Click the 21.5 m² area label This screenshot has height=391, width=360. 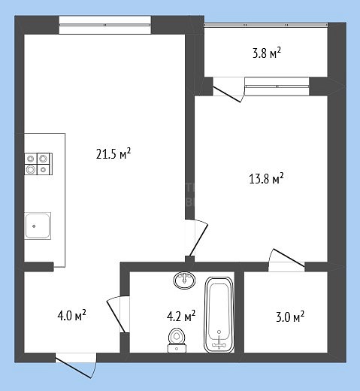click(x=113, y=153)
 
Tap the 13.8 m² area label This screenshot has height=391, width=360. click(x=266, y=178)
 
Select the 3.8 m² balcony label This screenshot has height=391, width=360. click(x=267, y=53)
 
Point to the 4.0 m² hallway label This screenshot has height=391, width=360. click(x=71, y=315)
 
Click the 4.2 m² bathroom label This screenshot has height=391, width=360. click(x=181, y=316)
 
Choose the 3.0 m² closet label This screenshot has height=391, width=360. click(x=290, y=317)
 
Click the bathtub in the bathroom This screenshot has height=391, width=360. click(x=219, y=315)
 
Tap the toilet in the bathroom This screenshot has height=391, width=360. click(x=177, y=341)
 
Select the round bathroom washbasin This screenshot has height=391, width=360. click(x=185, y=280)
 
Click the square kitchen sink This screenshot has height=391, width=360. click(x=38, y=226)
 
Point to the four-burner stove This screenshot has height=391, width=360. click(x=38, y=164)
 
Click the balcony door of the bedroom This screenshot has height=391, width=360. click(x=226, y=94)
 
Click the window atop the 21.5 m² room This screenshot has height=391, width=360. click(x=105, y=25)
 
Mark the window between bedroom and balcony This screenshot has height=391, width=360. click(x=277, y=86)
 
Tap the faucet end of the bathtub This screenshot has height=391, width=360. click(x=219, y=342)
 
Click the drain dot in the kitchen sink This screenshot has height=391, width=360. click(x=34, y=226)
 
